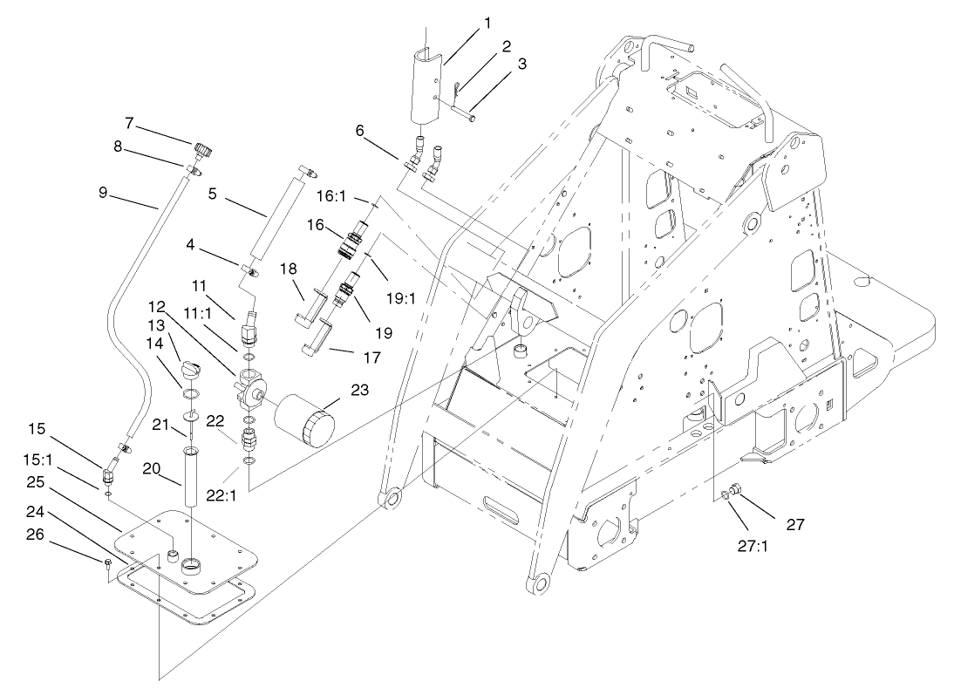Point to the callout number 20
point(151,467)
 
